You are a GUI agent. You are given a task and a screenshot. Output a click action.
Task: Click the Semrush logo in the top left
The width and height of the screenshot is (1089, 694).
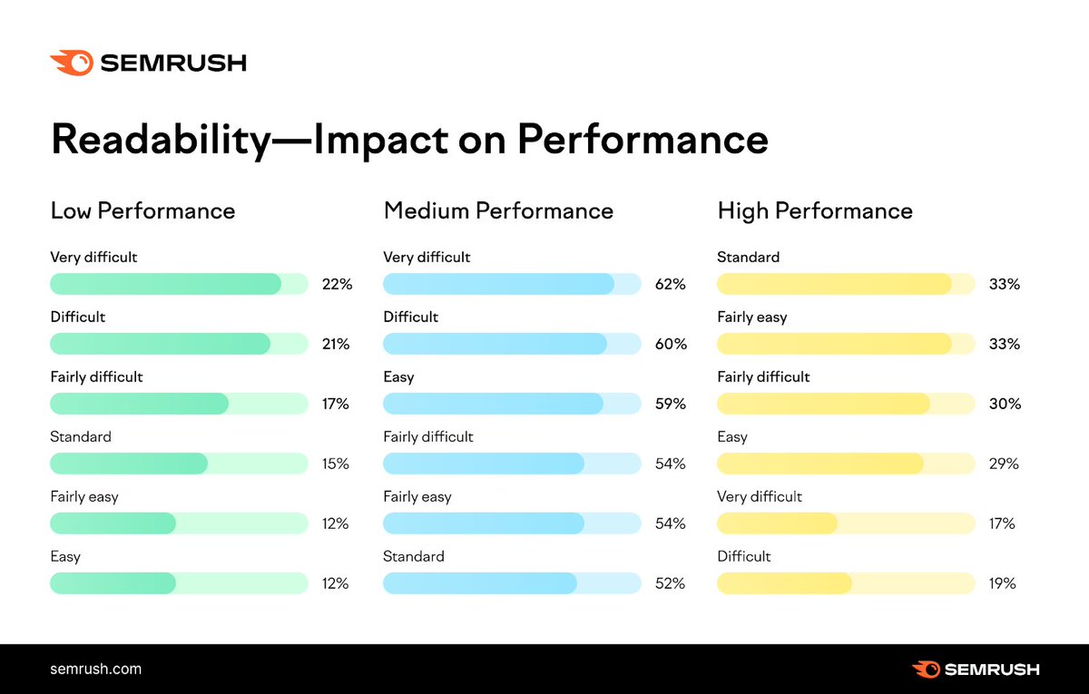[x=148, y=63]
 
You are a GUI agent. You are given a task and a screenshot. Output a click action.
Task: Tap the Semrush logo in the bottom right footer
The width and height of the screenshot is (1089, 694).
[x=976, y=670]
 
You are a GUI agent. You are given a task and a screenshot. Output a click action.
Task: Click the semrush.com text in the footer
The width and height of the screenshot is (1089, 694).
[x=95, y=670]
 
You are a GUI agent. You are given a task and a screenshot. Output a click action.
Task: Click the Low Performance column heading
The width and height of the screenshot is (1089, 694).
[x=142, y=211]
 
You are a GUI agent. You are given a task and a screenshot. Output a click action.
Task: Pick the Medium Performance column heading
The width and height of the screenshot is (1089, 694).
[x=498, y=211]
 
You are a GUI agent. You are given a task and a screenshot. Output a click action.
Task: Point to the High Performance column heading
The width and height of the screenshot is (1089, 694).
[x=815, y=211]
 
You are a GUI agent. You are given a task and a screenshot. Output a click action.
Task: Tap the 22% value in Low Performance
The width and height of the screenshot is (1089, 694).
[x=337, y=284]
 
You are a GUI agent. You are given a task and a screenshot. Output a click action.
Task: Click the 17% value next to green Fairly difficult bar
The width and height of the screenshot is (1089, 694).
[x=336, y=404]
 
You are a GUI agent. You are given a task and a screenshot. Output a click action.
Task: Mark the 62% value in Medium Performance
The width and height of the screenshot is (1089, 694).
[x=670, y=284]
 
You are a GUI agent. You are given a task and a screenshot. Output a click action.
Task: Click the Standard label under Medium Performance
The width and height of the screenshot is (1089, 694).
[x=414, y=556]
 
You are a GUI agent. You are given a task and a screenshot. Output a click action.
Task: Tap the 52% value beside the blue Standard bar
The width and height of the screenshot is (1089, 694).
[x=670, y=583]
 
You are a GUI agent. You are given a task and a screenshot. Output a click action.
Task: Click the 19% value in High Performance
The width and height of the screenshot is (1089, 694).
[x=1002, y=583]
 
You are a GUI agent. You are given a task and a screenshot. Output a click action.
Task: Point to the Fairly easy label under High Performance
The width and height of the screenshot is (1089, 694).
[x=752, y=317]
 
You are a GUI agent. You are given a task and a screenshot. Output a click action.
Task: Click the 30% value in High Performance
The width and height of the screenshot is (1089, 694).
[x=1005, y=404]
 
